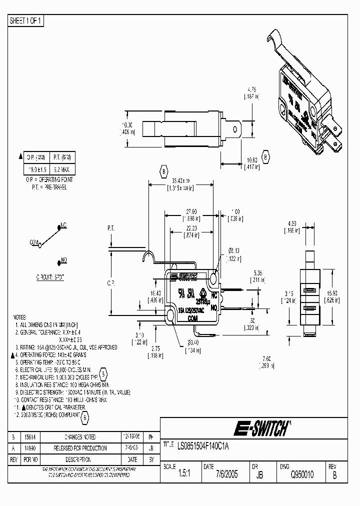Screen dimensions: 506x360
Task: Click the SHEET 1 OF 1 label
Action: [x=26, y=20]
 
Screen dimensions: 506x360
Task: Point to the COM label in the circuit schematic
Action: [x=34, y=242]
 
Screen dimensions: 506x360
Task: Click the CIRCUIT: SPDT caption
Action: [x=50, y=276]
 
